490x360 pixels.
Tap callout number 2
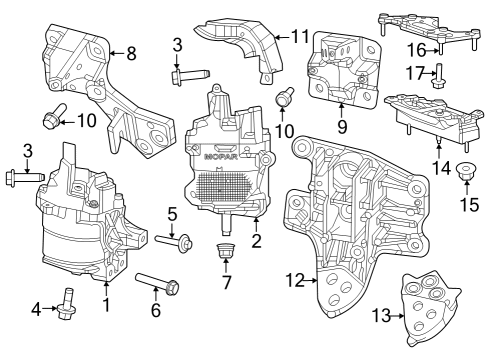256,241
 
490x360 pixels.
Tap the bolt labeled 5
174,242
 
